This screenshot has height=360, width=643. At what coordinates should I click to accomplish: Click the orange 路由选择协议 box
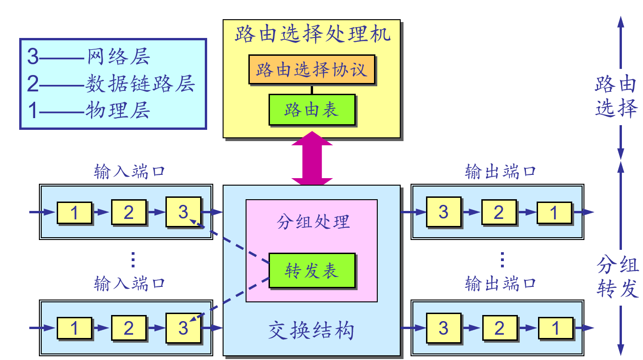tap(311, 70)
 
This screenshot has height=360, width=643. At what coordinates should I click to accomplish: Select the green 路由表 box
tap(311, 110)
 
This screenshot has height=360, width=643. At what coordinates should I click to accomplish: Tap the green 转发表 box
tap(311, 270)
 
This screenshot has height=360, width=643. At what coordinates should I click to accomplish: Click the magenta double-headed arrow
tap(312, 158)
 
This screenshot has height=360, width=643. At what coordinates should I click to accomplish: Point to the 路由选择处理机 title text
tap(312, 34)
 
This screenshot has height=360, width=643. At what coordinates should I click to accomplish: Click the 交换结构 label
tap(311, 331)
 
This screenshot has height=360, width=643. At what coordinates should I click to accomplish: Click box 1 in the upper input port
tap(74, 213)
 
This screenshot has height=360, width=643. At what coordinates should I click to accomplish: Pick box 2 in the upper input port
tap(128, 212)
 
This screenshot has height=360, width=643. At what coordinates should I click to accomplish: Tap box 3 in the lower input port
tap(183, 328)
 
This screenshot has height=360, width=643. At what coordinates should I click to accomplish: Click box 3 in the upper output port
tap(443, 212)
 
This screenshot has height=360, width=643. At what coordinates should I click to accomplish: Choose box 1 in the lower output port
tap(555, 328)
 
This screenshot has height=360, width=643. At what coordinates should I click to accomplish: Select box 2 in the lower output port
tap(500, 328)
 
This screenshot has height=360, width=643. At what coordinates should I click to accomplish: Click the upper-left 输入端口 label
tap(129, 172)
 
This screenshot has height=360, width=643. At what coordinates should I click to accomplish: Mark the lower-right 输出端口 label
tap(500, 283)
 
